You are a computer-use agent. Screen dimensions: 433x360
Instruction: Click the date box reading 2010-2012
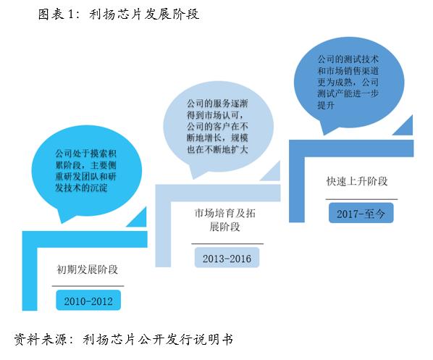[x=88, y=300]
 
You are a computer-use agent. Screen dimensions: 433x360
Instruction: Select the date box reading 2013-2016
[x=227, y=257]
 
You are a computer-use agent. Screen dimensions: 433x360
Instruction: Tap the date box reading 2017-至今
[x=361, y=213]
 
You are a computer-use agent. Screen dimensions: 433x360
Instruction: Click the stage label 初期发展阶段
[x=88, y=269]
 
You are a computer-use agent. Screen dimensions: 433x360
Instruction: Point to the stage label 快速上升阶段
[x=357, y=181]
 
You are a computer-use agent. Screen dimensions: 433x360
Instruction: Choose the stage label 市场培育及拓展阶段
[x=224, y=220]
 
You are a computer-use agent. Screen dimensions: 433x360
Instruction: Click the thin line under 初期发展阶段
[x=88, y=286]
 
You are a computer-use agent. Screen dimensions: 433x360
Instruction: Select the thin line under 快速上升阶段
[x=361, y=199]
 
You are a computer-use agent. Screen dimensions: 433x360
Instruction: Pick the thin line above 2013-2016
[x=227, y=243]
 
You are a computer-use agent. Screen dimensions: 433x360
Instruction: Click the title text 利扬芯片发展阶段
[x=144, y=14]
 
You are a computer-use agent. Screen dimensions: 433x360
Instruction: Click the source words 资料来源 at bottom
[x=41, y=339]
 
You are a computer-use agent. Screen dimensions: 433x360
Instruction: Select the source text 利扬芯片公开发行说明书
[x=158, y=339]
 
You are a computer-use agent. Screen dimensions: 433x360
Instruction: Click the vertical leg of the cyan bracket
[x=30, y=279]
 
